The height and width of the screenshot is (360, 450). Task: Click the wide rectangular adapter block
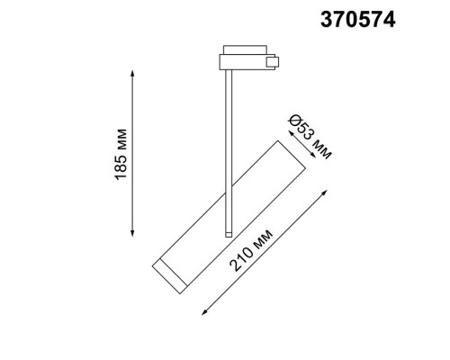click(244, 62)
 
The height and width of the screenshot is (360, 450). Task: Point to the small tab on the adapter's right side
click(274, 62)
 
